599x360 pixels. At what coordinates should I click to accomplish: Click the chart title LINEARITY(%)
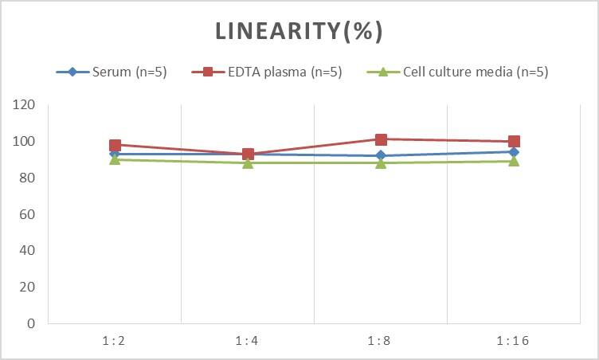[x=299, y=31]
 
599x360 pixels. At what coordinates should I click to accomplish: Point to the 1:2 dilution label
[x=115, y=340]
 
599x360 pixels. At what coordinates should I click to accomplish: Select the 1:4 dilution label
[x=248, y=340]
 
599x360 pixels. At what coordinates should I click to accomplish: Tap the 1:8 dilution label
[x=381, y=340]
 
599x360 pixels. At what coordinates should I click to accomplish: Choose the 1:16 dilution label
[x=514, y=340]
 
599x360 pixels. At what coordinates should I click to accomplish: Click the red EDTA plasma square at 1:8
[x=381, y=139]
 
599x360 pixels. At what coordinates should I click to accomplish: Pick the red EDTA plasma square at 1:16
[x=514, y=142]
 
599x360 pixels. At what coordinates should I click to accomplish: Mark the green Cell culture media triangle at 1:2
[x=115, y=159]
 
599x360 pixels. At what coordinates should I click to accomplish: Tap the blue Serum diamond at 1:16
[x=514, y=152]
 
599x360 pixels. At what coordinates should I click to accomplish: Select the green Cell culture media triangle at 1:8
[x=381, y=162]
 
